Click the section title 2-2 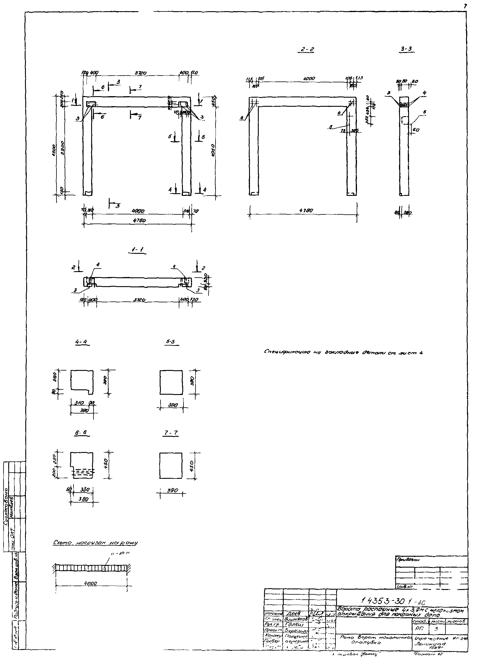click(307, 50)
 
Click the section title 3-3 click(407, 49)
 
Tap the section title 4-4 click(82, 342)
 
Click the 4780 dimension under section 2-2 click(306, 211)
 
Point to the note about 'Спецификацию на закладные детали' click(343, 352)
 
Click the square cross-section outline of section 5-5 click(171, 382)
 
